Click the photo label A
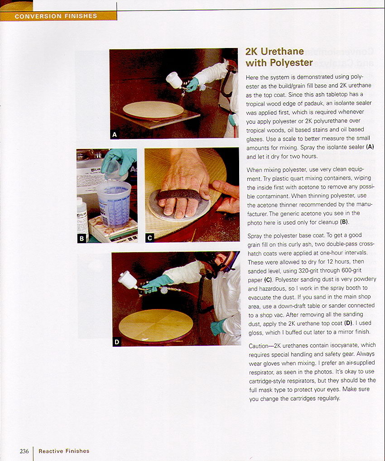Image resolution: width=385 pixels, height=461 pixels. (115, 134)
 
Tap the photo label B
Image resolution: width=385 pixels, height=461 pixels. (82, 239)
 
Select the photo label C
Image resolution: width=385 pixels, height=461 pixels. (150, 238)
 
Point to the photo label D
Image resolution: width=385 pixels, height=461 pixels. (117, 341)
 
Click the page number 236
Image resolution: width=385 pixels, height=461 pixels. (24, 451)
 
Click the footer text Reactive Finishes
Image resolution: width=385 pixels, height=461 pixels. (64, 451)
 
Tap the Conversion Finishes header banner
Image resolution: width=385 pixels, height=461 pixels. (58, 16)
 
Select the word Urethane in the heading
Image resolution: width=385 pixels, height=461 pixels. (282, 51)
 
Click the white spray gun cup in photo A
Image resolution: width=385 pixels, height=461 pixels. (174, 80)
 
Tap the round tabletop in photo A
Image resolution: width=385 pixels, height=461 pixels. (153, 110)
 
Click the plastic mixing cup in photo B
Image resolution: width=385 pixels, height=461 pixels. (114, 204)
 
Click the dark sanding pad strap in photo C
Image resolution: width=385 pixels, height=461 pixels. (179, 195)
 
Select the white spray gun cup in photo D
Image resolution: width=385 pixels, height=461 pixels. (128, 280)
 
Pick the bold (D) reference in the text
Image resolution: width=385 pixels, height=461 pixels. (348, 323)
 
